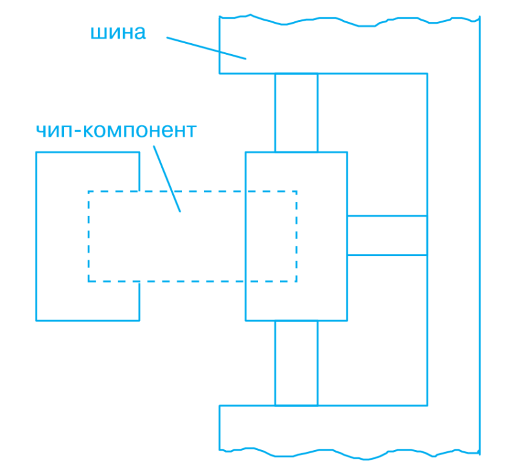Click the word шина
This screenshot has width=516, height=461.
(118, 33)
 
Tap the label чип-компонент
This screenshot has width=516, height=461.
(116, 130)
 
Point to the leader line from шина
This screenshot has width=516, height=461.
(206, 48)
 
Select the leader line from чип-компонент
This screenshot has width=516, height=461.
(167, 179)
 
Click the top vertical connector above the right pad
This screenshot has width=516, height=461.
(296, 113)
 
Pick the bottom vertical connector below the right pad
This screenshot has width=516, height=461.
(296, 363)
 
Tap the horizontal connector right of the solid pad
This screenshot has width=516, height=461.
(388, 235)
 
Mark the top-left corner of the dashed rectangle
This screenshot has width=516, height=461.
(88, 191)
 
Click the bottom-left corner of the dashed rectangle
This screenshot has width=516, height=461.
(88, 281)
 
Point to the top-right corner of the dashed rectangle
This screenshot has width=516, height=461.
(297, 191)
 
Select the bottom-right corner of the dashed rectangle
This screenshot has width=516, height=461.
(297, 281)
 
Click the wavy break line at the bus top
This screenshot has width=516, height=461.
(350, 21)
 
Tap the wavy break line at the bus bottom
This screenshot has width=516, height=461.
(350, 453)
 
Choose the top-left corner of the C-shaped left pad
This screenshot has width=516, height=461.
(36, 152)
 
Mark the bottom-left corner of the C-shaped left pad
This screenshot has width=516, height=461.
(36, 320)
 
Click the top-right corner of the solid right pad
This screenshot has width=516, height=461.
(347, 152)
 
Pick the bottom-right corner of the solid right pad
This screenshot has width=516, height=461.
(347, 320)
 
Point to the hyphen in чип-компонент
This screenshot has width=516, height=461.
(78, 132)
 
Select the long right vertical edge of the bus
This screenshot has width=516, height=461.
(479, 235)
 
